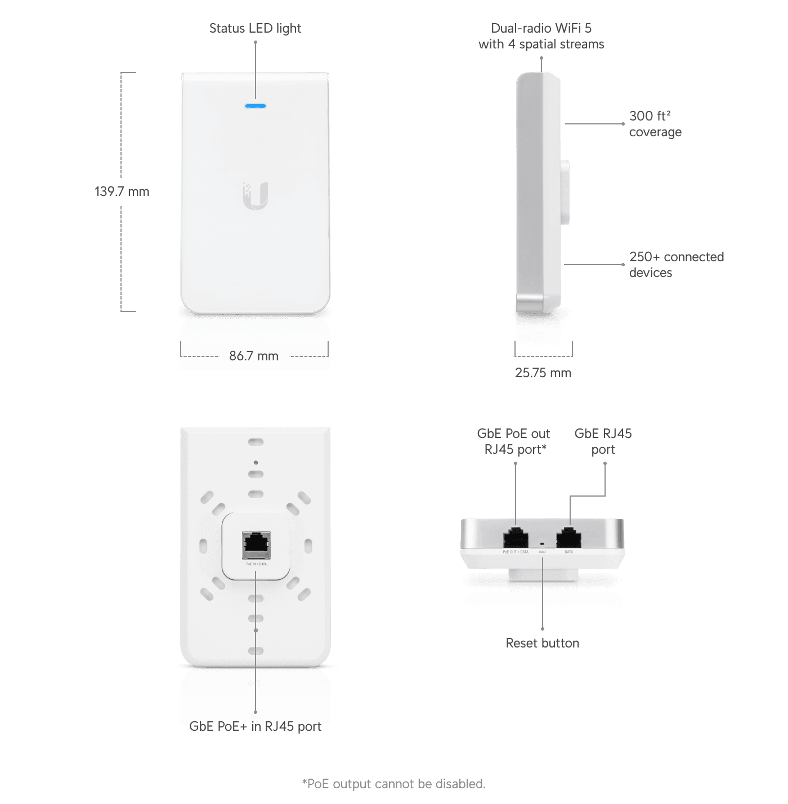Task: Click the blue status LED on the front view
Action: [x=256, y=106]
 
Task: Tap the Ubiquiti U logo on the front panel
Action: [x=256, y=196]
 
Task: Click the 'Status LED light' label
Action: [x=255, y=28]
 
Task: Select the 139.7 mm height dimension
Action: [x=122, y=191]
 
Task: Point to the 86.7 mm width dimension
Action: [x=254, y=356]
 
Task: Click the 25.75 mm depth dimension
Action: [x=543, y=373]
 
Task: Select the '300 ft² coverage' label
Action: [x=655, y=124]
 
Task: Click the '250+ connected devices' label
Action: [x=676, y=265]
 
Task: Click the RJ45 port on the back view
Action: [x=256, y=544]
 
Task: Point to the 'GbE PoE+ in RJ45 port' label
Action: [x=255, y=726]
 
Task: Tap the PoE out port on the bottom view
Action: [x=516, y=538]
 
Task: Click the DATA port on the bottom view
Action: [x=568, y=538]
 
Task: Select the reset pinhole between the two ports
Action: [x=542, y=544]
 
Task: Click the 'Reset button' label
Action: [x=542, y=643]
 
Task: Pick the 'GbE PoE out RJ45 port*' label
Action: [x=514, y=441]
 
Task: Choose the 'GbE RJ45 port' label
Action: [x=603, y=441]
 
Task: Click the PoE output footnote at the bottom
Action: [x=393, y=784]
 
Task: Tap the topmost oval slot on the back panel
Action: [x=256, y=442]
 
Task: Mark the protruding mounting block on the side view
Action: [x=565, y=193]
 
